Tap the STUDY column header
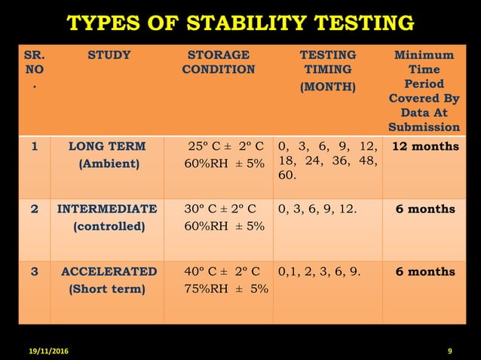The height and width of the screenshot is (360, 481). [x=109, y=55]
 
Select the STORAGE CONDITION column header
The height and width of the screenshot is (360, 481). [x=218, y=63]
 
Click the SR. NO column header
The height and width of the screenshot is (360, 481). [x=34, y=69]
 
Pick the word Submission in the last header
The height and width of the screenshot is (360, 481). [x=424, y=127]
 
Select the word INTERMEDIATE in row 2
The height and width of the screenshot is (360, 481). [x=108, y=209]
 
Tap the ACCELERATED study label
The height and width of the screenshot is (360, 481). [x=109, y=271]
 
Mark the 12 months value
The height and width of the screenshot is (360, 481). [x=425, y=146]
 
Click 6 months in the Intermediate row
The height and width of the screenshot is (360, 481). [x=425, y=209]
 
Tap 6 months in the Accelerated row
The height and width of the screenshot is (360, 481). [x=425, y=271]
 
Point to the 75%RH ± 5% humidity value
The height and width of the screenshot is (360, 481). [x=226, y=288]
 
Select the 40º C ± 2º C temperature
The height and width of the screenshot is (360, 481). [x=222, y=271]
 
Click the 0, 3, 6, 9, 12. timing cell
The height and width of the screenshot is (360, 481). [x=317, y=209]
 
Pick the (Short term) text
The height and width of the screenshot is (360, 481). [x=107, y=288]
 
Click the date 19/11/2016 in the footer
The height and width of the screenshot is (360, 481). [x=42, y=352]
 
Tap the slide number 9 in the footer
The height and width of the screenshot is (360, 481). [x=449, y=352]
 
